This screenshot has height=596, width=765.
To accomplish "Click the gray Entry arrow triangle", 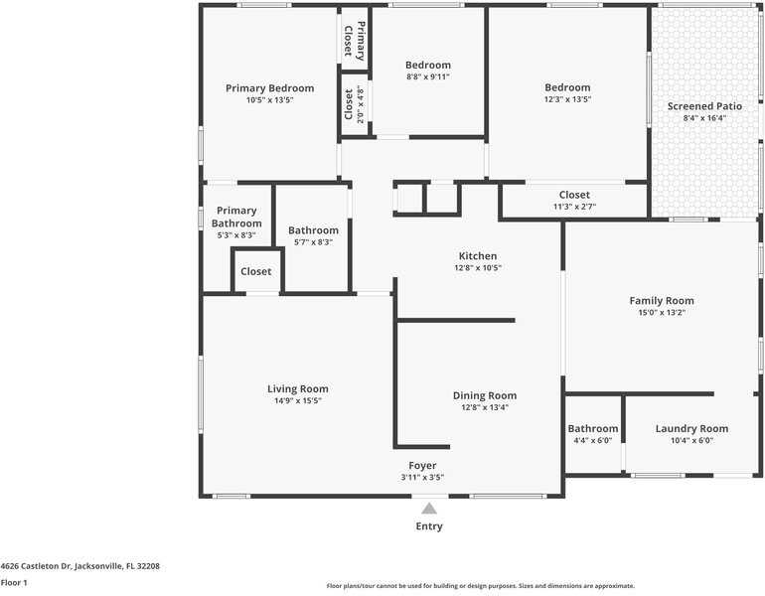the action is coord(429,509).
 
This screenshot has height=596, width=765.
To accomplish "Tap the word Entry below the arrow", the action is coord(429,526).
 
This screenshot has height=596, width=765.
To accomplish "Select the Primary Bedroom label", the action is coord(270,88).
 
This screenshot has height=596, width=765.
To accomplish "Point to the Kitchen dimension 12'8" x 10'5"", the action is coord(478,268).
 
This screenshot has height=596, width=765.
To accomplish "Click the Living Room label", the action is coord(298,388).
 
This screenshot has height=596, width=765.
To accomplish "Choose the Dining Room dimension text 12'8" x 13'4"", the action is coord(485,407).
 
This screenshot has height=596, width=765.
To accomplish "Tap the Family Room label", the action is coord(662,300).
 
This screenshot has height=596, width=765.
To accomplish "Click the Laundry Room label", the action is coord(691,429).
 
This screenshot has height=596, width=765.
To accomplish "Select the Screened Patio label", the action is coord(705,106).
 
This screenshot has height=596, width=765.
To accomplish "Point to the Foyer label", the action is coord(422,466).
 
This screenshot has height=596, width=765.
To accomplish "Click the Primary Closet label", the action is coord(355,41).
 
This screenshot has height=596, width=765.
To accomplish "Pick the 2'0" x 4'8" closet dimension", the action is coord(361,104).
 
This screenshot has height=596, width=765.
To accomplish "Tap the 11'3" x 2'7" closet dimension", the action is coord(574,207).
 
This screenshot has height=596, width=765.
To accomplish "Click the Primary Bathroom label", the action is coord(236,217).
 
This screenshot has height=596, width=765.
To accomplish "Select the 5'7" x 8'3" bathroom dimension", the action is coord(313,242).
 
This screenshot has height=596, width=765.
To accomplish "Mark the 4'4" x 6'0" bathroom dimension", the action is coord(593,440).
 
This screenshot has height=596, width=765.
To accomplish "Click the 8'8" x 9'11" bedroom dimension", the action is coord(428,76).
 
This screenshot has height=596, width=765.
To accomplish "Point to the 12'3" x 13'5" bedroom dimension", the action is coord(567,99).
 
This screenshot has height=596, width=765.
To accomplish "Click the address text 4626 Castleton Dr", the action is coord(36,566).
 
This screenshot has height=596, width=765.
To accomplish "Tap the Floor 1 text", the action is coord(14,583).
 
